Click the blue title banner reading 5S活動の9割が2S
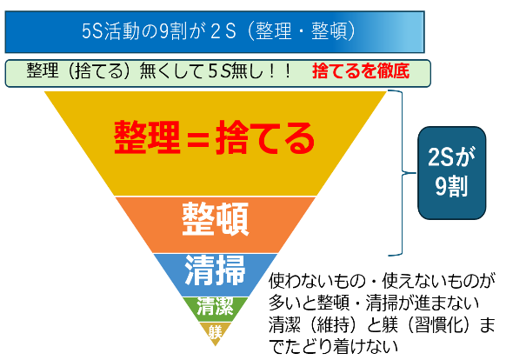pos(215,32)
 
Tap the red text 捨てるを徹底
pos(361,71)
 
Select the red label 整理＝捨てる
pos(214,137)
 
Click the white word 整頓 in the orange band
pos(216,219)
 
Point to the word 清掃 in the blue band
pos(216,270)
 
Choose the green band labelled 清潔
pos(216,309)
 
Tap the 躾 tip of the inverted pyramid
pos(216,333)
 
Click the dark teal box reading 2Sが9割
pos(452,173)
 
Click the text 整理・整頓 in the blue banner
pos(301,31)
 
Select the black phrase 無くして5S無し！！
pos(216,71)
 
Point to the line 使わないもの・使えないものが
pos(382,281)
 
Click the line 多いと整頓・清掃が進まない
pos(374,303)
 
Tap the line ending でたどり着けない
pos(333,346)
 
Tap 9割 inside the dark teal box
pos(452,187)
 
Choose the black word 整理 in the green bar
pos(43,71)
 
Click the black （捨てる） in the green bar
pos(97,71)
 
